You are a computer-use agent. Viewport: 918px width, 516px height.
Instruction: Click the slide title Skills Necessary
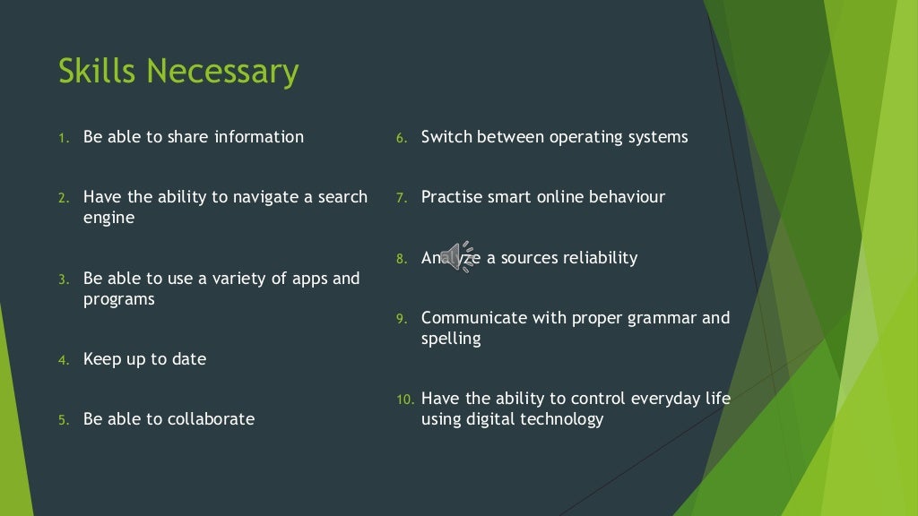[178, 72]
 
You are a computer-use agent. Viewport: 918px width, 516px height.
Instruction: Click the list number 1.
[64, 138]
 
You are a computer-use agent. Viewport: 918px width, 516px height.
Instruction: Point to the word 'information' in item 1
[259, 137]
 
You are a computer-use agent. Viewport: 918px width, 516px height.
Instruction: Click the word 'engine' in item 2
[109, 218]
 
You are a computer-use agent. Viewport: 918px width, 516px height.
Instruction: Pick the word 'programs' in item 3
[118, 299]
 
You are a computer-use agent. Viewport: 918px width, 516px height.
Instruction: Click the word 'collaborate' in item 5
[212, 419]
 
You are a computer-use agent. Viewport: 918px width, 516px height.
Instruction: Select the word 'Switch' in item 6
[446, 137]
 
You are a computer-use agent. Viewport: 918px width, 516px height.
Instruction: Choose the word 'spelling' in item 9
[451, 340]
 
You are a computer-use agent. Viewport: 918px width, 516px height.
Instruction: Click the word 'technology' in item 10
[562, 419]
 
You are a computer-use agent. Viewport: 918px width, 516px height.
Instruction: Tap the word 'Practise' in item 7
[452, 197]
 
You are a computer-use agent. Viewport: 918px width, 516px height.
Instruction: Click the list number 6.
[403, 138]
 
